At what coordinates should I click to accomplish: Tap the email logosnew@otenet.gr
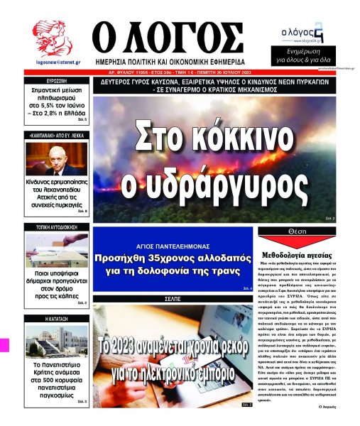[50, 62]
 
